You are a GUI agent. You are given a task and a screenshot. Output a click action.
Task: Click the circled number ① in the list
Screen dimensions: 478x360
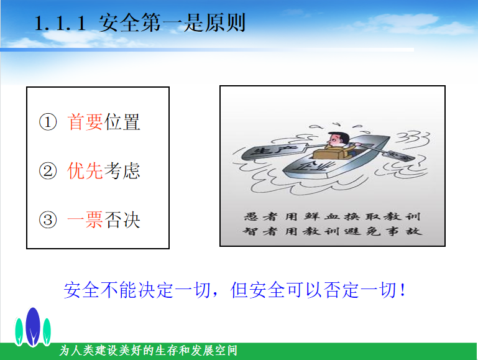(x=48, y=122)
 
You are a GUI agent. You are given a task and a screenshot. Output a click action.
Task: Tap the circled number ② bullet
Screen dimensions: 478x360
(x=48, y=171)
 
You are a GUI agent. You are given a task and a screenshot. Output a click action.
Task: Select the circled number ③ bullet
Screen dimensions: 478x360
(x=48, y=219)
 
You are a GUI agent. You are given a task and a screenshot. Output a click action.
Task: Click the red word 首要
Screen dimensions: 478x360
(x=85, y=122)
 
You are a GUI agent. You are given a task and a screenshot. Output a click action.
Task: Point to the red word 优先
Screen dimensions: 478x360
(x=85, y=171)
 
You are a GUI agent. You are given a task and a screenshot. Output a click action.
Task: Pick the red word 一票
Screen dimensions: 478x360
(x=85, y=219)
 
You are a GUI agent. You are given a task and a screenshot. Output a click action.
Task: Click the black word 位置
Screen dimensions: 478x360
(x=122, y=122)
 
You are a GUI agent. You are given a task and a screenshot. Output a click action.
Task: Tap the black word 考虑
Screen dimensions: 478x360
(x=122, y=171)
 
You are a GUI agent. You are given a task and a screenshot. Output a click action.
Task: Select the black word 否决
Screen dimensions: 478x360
(x=122, y=219)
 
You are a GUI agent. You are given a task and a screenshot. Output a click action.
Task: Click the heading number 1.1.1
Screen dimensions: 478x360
(x=60, y=23)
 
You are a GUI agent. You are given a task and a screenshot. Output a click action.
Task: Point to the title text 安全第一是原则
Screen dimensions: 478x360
(x=172, y=23)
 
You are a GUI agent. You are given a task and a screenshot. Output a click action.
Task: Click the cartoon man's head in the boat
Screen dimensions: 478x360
(x=338, y=140)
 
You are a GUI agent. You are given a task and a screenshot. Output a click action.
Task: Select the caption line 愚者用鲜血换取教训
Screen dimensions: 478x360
(x=333, y=216)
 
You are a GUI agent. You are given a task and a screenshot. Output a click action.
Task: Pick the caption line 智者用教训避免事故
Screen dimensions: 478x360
(x=333, y=231)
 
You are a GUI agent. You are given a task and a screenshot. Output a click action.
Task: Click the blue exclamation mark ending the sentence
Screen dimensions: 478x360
(x=403, y=290)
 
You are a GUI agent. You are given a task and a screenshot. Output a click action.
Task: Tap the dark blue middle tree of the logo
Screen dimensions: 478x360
(x=33, y=326)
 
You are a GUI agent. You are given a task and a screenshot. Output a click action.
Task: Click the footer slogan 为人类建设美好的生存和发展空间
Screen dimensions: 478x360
(x=148, y=350)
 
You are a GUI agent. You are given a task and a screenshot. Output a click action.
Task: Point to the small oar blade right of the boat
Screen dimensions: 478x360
(x=400, y=156)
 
